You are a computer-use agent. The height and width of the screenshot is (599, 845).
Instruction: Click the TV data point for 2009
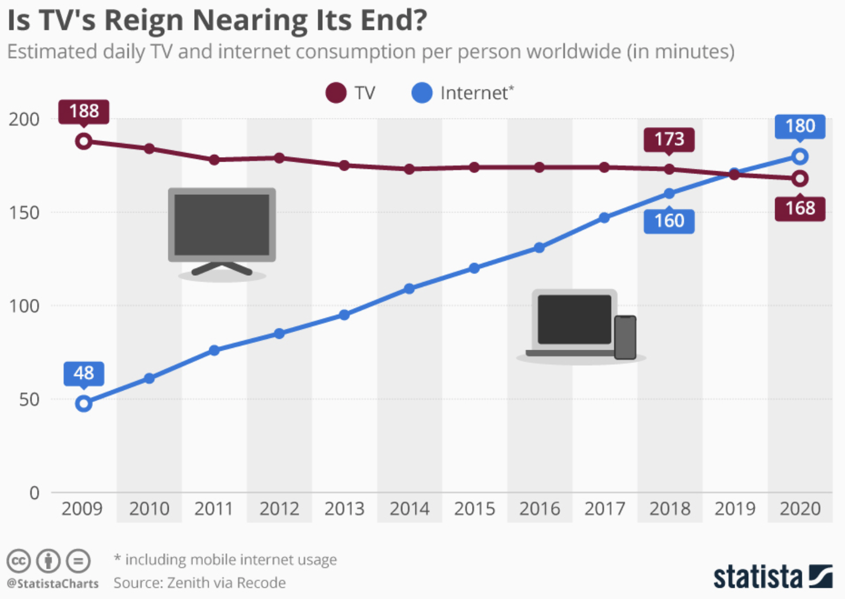pos(84,141)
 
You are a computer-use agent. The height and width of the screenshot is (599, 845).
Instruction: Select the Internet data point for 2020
pos(799,157)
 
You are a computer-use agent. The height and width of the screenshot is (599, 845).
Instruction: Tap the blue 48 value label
pos(84,373)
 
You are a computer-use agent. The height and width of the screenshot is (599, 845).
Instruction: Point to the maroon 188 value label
pos(84,111)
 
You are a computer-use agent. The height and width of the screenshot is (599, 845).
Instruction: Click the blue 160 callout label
pos(669,221)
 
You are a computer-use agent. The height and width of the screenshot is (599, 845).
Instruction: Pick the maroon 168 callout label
pos(799,208)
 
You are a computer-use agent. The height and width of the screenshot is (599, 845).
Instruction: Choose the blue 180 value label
pos(799,126)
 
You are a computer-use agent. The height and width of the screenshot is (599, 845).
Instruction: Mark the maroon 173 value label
pos(669,139)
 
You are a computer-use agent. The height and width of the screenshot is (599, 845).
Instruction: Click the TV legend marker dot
pos(336,93)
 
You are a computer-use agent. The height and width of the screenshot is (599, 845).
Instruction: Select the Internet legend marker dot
pos(422,93)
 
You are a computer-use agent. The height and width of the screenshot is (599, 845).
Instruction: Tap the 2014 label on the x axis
pos(409,509)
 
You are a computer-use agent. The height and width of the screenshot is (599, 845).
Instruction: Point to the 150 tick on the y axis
pos(24,213)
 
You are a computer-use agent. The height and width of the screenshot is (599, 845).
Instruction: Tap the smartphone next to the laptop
pos(625,337)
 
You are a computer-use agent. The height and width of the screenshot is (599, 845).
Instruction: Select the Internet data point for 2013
pos(344,315)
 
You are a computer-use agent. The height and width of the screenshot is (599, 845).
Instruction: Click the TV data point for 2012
pos(279,158)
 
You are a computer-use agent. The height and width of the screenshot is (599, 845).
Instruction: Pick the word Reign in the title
pos(143,20)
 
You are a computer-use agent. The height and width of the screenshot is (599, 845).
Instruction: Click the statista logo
pos(772,576)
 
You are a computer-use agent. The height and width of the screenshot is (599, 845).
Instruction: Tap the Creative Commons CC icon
pos(18,561)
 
